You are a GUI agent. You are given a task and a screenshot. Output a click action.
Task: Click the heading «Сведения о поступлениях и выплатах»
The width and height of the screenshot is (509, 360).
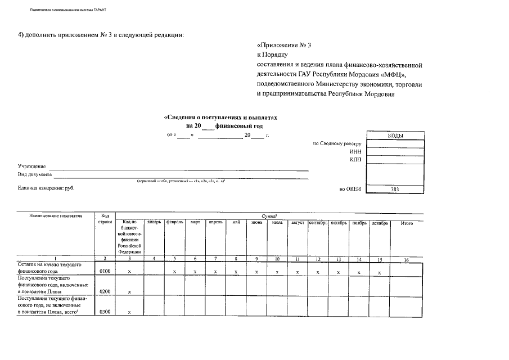(x=220, y=118)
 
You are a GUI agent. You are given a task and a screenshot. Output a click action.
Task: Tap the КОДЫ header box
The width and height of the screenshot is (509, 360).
(x=395, y=136)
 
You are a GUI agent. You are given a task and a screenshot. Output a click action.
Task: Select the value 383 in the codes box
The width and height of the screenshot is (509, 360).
(x=395, y=190)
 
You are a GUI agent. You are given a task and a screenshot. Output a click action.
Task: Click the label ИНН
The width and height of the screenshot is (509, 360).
(x=355, y=152)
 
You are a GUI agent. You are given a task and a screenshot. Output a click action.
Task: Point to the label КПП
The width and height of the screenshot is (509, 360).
(x=355, y=160)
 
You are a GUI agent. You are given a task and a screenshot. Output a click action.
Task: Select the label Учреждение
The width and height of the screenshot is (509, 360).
(x=32, y=167)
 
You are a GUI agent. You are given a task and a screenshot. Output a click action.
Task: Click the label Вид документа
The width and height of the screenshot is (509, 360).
(x=35, y=175)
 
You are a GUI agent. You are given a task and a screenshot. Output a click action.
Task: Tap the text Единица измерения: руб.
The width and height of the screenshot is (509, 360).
(x=46, y=188)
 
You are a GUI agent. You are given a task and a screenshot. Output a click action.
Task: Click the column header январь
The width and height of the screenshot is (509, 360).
(x=154, y=223)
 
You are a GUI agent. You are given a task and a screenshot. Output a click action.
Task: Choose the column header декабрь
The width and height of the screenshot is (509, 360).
(x=379, y=223)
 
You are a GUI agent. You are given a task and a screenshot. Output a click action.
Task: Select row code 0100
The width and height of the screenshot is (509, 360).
(x=105, y=272)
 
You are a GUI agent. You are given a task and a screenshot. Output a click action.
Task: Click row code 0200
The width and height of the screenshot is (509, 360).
(x=105, y=291)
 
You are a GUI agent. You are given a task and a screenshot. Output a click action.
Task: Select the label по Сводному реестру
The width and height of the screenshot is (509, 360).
(x=336, y=144)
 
